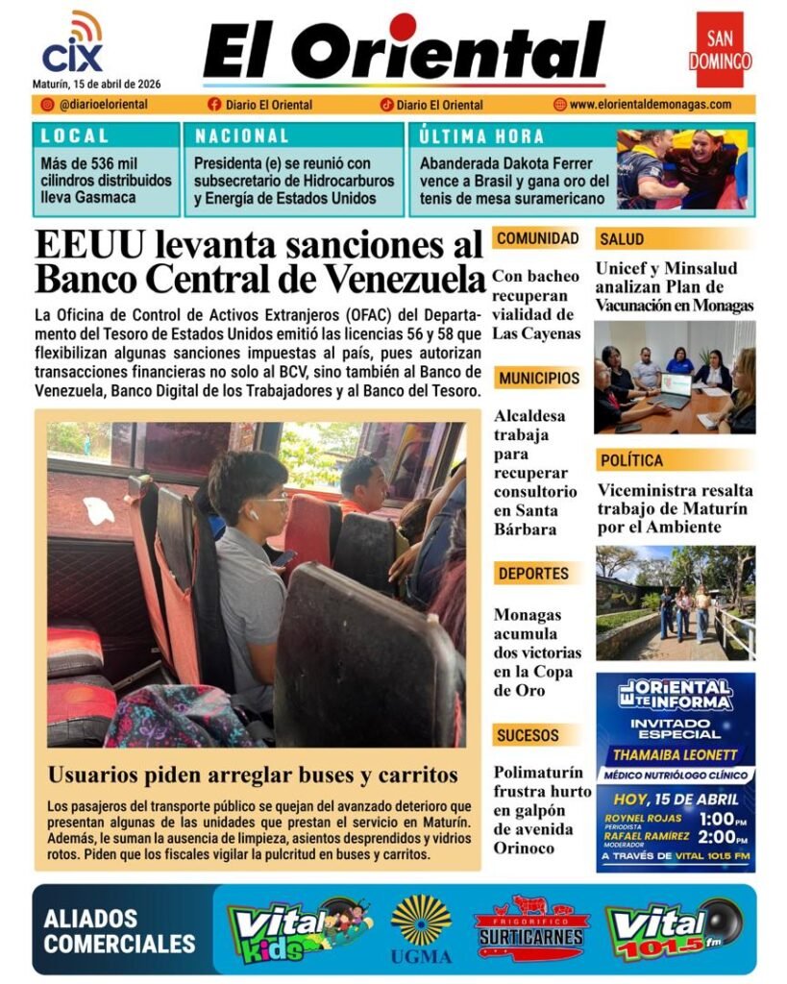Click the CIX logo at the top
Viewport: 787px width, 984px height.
coord(72,45)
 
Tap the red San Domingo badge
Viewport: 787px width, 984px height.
coord(720,50)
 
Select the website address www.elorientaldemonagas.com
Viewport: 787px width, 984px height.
coord(650,105)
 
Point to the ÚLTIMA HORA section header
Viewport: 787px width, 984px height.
coord(481,136)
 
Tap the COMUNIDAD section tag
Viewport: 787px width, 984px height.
coord(537,238)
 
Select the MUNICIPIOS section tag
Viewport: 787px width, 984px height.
coord(538,378)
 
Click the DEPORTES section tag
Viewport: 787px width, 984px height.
coord(533,574)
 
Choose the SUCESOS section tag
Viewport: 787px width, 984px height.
coord(528,736)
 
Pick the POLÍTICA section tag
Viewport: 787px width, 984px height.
coord(630,460)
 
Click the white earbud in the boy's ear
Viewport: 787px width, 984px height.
coord(255,515)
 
